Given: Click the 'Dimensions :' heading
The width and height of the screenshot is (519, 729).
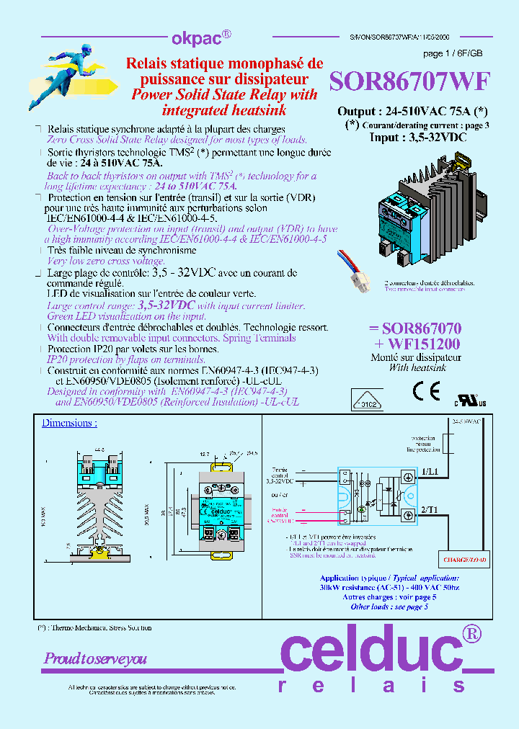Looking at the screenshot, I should pos(69,423).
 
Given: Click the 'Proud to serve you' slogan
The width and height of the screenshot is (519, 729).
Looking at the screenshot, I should pos(95,658).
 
